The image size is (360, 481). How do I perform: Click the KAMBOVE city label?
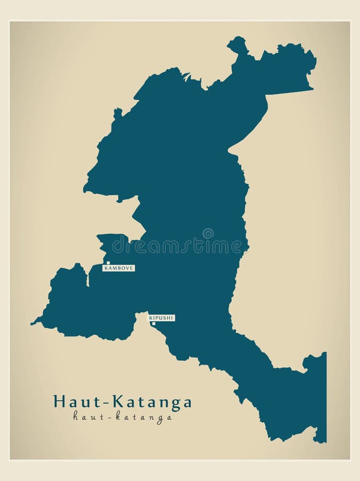(119, 268)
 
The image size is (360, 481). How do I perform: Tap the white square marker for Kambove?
(108, 263)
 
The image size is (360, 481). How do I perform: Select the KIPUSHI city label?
(161, 318)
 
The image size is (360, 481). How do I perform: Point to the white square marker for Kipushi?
(154, 323)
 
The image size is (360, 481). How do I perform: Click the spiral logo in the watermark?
(208, 233)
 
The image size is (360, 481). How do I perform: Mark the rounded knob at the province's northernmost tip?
(237, 44)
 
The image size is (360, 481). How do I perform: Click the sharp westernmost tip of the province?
(33, 323)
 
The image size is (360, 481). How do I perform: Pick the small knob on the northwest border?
(118, 113)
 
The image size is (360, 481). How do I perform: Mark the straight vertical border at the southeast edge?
(325, 395)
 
